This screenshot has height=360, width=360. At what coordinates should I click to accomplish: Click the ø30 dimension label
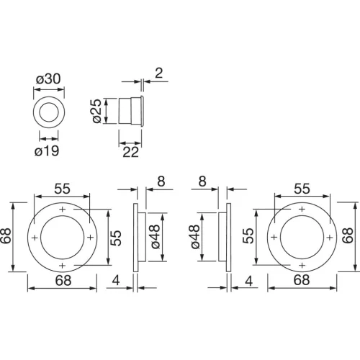click(48, 78)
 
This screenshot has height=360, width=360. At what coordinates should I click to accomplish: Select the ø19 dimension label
click(47, 151)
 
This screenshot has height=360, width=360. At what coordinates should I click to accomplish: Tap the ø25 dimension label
click(98, 111)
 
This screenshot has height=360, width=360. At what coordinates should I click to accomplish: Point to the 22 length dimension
click(130, 152)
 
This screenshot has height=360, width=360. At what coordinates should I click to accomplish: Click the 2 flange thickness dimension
click(159, 73)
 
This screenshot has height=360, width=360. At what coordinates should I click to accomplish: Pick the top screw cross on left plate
click(63, 210)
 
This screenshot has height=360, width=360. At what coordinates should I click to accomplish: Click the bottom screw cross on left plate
click(63, 266)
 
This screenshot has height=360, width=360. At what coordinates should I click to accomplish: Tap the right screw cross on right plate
click(330, 238)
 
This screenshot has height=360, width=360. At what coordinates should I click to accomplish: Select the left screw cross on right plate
click(274, 237)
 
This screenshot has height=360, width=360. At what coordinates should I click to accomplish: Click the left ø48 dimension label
click(155, 237)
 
